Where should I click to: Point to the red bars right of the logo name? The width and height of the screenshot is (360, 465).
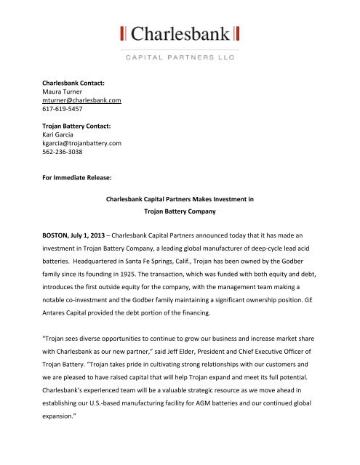coord(237,33)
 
